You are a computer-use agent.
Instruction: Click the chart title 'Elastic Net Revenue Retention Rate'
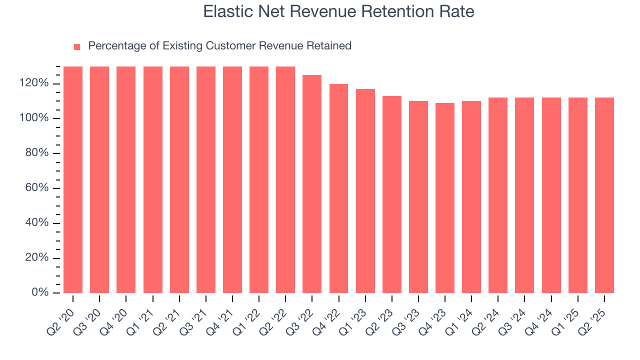pyautogui.click(x=338, y=12)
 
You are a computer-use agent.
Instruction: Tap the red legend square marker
pyautogui.click(x=77, y=47)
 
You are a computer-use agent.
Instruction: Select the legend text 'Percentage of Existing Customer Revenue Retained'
pyautogui.click(x=219, y=46)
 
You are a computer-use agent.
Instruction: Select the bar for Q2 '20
pyautogui.click(x=73, y=180)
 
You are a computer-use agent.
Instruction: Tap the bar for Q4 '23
pyautogui.click(x=445, y=198)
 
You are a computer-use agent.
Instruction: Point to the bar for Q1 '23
pyautogui.click(x=365, y=191)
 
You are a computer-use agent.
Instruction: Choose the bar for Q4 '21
pyautogui.click(x=232, y=180)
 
